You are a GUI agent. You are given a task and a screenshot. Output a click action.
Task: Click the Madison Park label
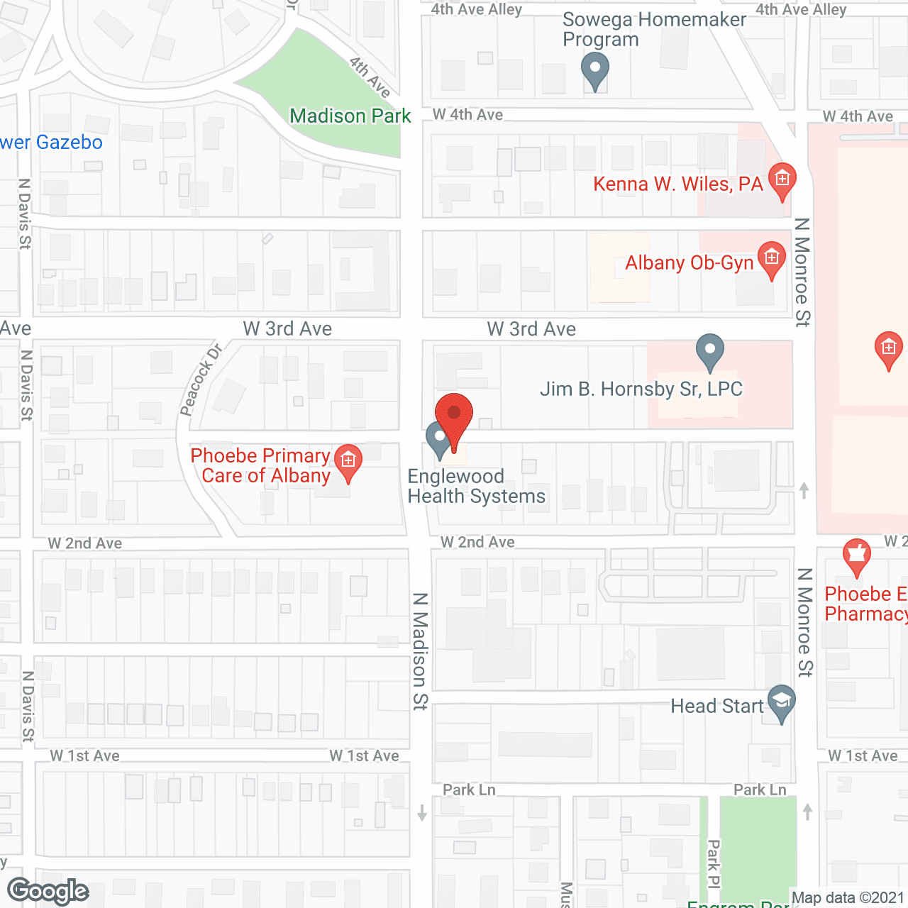[x=350, y=116]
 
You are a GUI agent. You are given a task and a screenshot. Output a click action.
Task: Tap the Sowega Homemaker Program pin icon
[x=594, y=71]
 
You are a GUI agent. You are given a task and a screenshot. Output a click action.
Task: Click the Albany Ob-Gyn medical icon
[x=772, y=258]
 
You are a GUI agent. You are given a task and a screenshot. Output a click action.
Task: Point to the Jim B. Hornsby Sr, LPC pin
[x=709, y=350]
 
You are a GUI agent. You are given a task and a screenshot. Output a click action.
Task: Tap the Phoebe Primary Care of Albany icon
[x=348, y=462]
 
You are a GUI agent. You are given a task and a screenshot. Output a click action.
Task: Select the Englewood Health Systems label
[x=476, y=486]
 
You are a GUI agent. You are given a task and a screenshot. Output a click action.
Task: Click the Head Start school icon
[x=781, y=702]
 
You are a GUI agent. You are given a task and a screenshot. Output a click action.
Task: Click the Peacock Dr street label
[x=201, y=379]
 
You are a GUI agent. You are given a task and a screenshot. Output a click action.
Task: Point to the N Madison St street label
[x=420, y=651]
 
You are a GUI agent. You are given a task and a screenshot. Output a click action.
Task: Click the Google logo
[x=48, y=891]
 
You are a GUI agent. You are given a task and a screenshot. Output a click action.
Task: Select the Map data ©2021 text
[x=848, y=898]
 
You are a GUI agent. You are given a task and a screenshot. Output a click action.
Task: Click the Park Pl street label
[x=713, y=863]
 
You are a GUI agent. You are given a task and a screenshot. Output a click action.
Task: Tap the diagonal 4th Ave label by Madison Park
[x=370, y=77]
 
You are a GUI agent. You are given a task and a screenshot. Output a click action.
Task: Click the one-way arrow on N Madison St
[x=422, y=812]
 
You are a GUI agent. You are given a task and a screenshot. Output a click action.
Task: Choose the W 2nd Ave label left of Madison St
[x=85, y=543]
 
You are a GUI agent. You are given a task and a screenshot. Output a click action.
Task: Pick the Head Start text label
[x=717, y=706]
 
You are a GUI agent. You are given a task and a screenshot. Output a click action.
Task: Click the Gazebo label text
[x=52, y=143]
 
